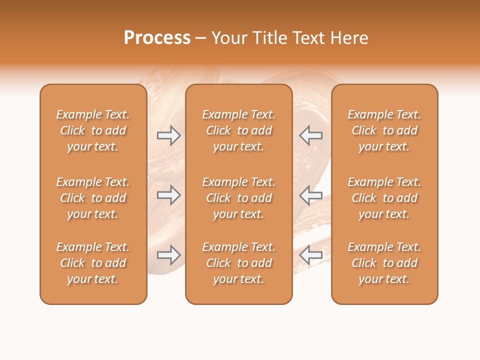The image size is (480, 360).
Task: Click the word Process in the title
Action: point(157,38)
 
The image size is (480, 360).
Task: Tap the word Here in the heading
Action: point(348,38)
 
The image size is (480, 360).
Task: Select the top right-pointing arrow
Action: point(168,135)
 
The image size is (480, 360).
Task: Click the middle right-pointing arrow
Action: point(168,195)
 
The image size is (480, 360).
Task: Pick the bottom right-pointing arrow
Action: point(168,255)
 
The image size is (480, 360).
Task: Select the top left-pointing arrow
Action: point(311,135)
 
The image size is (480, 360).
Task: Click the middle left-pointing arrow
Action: point(311,195)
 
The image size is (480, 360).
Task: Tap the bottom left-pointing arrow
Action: point(311,255)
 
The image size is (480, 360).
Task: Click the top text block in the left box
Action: point(93,130)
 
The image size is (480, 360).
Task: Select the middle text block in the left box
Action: point(93,198)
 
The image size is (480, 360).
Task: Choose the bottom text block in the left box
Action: point(93,263)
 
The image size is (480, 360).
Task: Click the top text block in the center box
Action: point(238,130)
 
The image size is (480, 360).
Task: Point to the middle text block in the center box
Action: point(238,198)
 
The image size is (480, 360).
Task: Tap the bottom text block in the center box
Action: point(238,263)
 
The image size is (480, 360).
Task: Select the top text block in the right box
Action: point(384,130)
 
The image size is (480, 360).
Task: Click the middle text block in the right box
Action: point(384,198)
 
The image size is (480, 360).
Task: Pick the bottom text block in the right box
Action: point(384,263)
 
